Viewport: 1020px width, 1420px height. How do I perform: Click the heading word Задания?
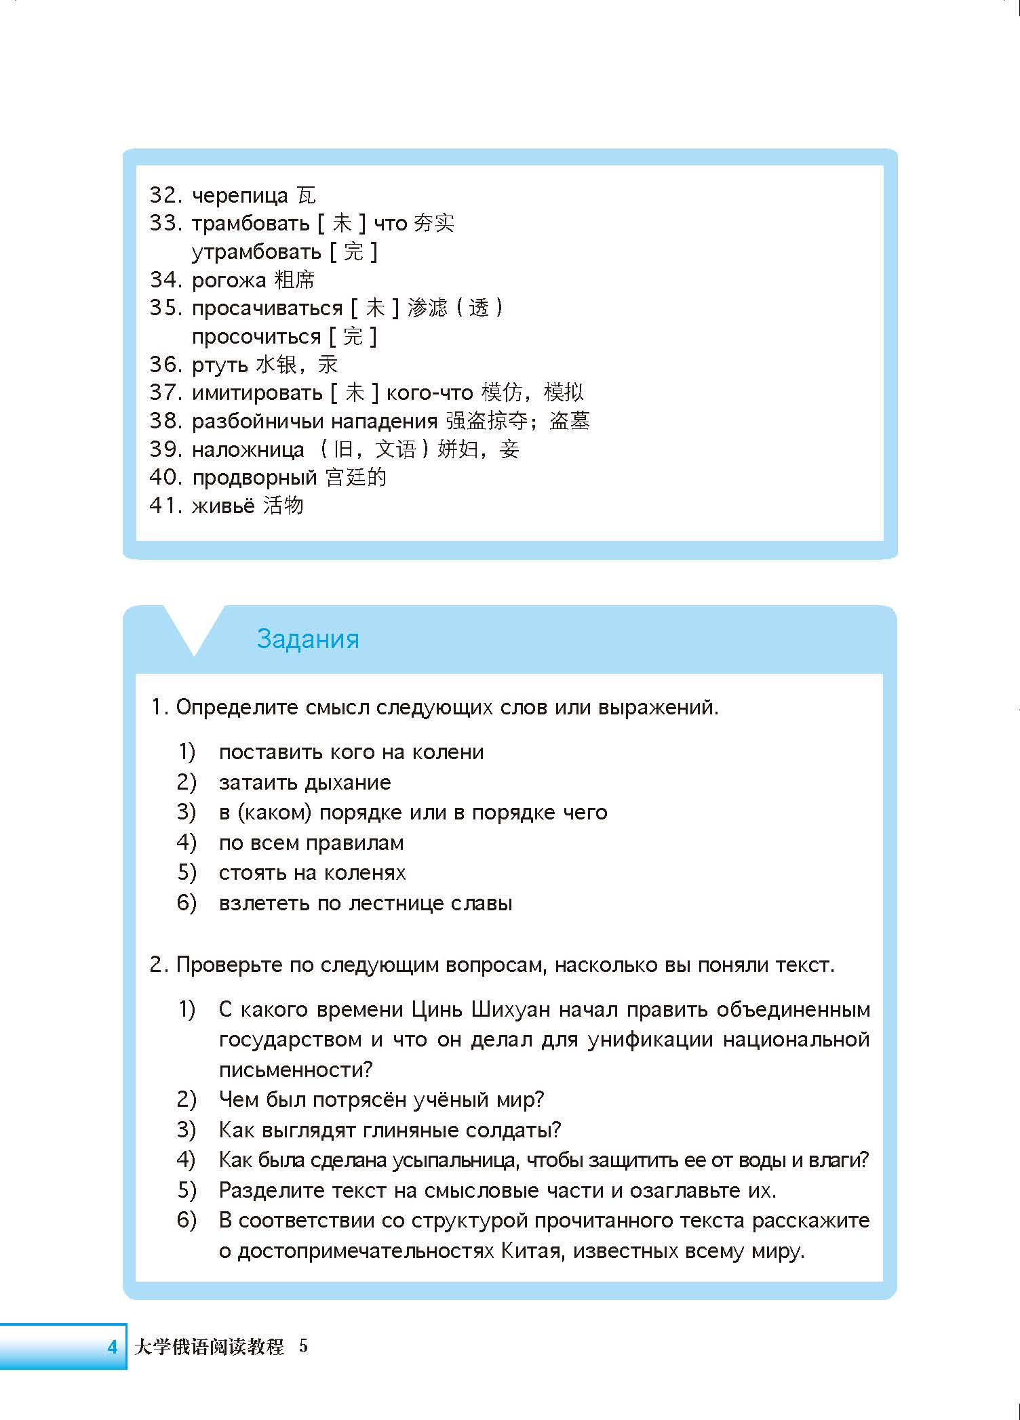308,639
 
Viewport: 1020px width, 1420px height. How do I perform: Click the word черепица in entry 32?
240,196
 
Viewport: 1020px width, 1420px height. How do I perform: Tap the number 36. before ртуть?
166,365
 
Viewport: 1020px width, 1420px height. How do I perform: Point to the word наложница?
248,449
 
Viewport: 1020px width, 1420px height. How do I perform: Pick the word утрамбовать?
256,252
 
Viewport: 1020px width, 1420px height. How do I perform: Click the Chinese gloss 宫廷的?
356,477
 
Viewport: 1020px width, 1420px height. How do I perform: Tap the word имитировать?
257,393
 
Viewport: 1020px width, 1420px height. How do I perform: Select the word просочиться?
256,337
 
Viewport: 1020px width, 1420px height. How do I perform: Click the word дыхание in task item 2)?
347,783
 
